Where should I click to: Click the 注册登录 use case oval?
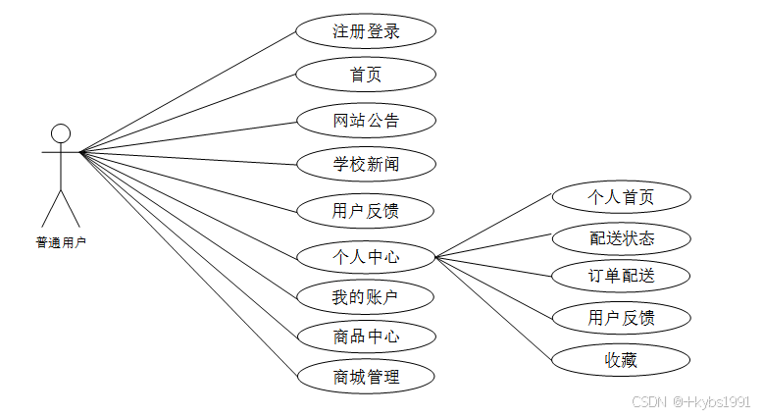pyautogui.click(x=366, y=30)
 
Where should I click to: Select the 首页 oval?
pyautogui.click(x=366, y=75)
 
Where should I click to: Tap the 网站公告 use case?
pyautogui.click(x=366, y=121)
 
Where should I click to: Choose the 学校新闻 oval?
pyautogui.click(x=366, y=164)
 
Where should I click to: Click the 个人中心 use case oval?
pyautogui.click(x=366, y=258)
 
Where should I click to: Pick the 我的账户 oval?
pyautogui.click(x=366, y=296)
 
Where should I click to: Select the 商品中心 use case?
pyautogui.click(x=366, y=337)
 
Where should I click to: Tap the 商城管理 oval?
pyautogui.click(x=366, y=376)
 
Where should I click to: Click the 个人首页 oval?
pyautogui.click(x=621, y=197)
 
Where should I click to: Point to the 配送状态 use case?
pyautogui.click(x=621, y=237)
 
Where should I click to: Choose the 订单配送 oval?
pyautogui.click(x=621, y=276)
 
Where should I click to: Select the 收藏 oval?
pyautogui.click(x=621, y=360)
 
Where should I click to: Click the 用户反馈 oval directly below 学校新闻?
pyautogui.click(x=366, y=209)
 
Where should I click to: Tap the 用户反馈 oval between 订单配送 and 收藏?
pyautogui.click(x=621, y=317)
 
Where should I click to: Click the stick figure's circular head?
pyautogui.click(x=61, y=132)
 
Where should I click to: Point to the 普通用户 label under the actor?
pyautogui.click(x=61, y=242)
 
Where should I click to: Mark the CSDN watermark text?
pyautogui.click(x=690, y=402)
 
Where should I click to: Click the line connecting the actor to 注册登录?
pyautogui.click(x=186, y=91)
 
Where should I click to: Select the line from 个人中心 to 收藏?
pyautogui.click(x=493, y=309)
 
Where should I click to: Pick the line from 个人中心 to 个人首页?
pyautogui.click(x=493, y=228)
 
